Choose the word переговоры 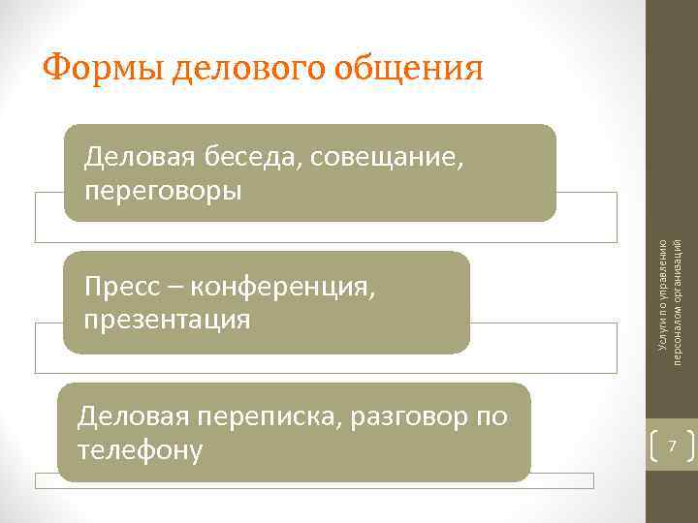click(x=163, y=190)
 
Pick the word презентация click(x=167, y=319)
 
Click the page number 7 click(x=671, y=446)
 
